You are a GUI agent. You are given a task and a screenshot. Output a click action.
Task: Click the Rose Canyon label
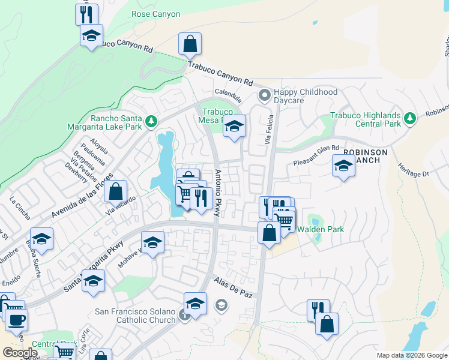click(x=155, y=13)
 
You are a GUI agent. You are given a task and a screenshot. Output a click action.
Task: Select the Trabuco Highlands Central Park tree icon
click(x=410, y=118)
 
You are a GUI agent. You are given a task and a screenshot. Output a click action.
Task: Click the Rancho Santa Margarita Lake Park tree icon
click(x=152, y=122)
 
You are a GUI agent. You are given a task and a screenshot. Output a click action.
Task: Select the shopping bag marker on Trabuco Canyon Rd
click(x=190, y=44)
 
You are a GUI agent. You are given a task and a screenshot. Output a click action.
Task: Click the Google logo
click(x=20, y=353)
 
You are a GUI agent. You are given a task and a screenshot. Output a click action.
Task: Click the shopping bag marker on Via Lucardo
click(x=115, y=191)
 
